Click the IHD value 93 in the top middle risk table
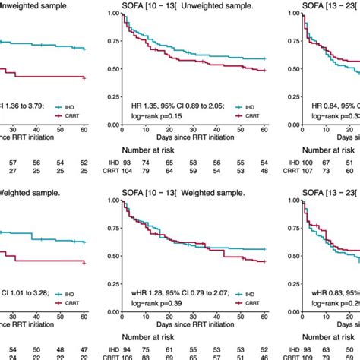point(128,163)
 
